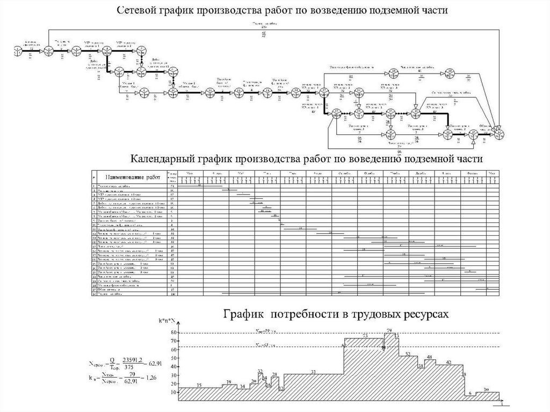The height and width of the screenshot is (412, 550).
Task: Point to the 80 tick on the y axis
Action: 173,333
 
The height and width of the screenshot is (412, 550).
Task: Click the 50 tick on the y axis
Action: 173,358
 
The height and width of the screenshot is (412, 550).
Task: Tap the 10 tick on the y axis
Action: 173,392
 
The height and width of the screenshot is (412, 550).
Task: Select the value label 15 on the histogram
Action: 199,385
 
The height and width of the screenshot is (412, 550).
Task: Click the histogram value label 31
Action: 313,372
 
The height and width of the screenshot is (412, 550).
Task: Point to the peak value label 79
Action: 388,329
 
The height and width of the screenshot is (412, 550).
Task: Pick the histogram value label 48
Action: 430,357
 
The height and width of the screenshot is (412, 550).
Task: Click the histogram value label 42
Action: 448,362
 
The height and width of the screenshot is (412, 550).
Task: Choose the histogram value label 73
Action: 365,336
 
